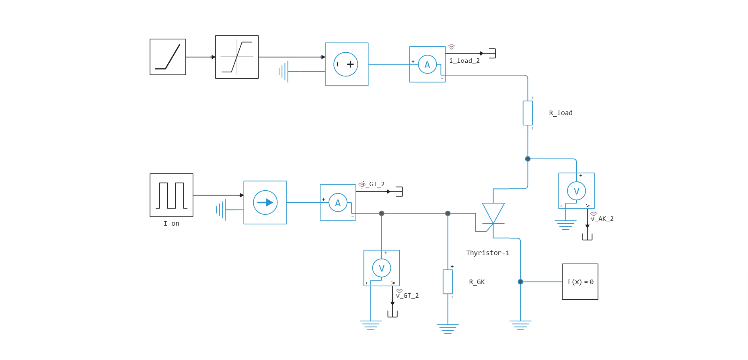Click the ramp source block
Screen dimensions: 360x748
pos(168,57)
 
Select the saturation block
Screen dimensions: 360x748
pos(237,57)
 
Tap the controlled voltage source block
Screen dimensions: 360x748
pos(346,64)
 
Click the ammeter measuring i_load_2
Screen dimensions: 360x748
pos(427,64)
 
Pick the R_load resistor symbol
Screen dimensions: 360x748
pos(528,113)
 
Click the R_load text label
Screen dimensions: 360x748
pos(561,113)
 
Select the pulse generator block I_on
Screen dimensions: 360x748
pos(171,195)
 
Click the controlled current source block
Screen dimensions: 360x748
pos(265,202)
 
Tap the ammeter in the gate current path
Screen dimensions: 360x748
pos(338,202)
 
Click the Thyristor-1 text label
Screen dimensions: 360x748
pos(487,253)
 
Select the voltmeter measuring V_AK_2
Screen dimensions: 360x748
pos(576,191)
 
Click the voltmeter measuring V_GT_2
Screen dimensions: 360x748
pos(381,268)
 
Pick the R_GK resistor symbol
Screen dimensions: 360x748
pos(448,282)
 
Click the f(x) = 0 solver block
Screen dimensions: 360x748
pos(580,282)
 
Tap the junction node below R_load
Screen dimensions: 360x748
pos(528,159)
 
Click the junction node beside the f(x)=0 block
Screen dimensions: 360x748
pos(520,282)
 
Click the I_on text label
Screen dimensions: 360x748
pos(172,224)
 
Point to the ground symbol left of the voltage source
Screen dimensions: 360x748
pos(284,72)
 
